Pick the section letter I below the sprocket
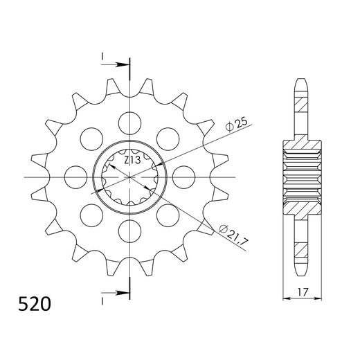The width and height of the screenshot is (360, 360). (102, 302)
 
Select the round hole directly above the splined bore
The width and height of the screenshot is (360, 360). (129, 123)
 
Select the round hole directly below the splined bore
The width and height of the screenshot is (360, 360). (129, 230)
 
